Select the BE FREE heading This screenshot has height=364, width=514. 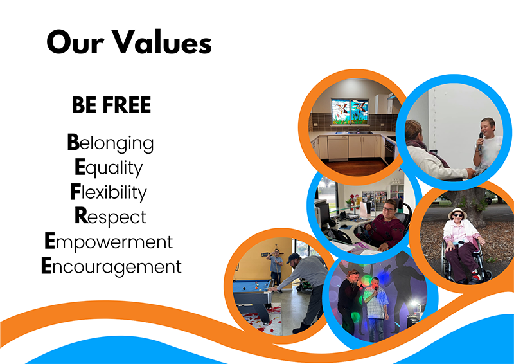point(111,105)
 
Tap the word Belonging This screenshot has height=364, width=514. point(111,143)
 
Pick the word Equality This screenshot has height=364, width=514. point(109,167)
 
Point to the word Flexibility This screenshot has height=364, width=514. point(107,192)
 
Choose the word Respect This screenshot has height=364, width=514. point(111,217)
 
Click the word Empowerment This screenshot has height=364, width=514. point(109,242)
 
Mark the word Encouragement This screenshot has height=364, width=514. point(111,266)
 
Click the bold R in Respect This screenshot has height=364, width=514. point(81,216)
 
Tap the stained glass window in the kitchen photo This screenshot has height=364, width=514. point(350,112)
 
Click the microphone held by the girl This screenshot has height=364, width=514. point(479,141)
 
